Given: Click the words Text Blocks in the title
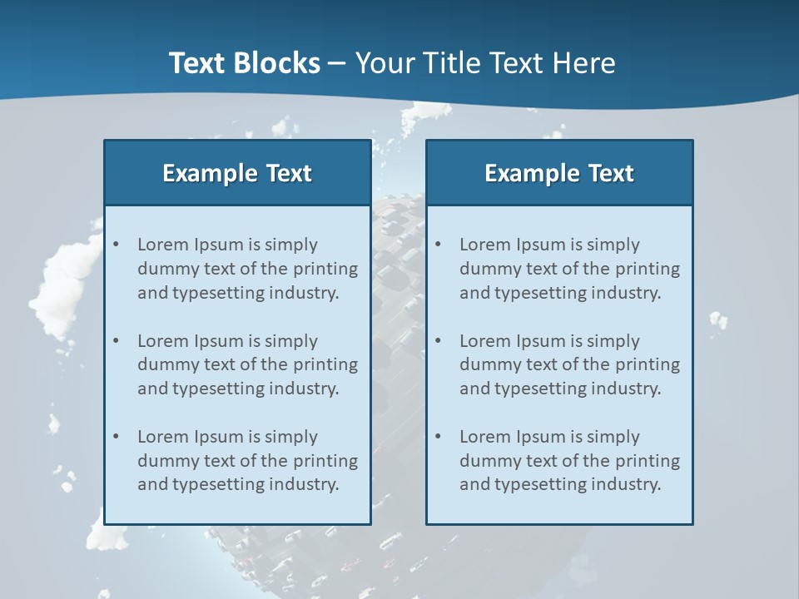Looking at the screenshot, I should pyautogui.click(x=244, y=63).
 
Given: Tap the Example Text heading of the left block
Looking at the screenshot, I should pyautogui.click(x=237, y=173).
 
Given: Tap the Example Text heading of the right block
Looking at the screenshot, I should pyautogui.click(x=559, y=173).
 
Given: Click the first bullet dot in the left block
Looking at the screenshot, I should pyautogui.click(x=116, y=245).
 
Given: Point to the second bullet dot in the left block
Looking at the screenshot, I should pyautogui.click(x=116, y=341).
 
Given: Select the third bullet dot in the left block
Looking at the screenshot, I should pyautogui.click(x=116, y=437).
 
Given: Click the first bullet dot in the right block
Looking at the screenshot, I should pyautogui.click(x=438, y=245).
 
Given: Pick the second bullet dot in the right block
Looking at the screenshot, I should pyautogui.click(x=438, y=341).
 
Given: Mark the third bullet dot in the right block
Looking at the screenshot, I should pyautogui.click(x=438, y=437).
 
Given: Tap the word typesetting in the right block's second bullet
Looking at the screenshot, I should pyautogui.click(x=539, y=389).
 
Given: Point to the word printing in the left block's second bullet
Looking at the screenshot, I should pyautogui.click(x=326, y=364).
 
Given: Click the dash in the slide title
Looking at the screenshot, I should pyautogui.click(x=338, y=63).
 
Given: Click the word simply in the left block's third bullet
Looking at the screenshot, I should pyautogui.click(x=291, y=437).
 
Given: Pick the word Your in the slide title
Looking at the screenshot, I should pyautogui.click(x=384, y=63).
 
